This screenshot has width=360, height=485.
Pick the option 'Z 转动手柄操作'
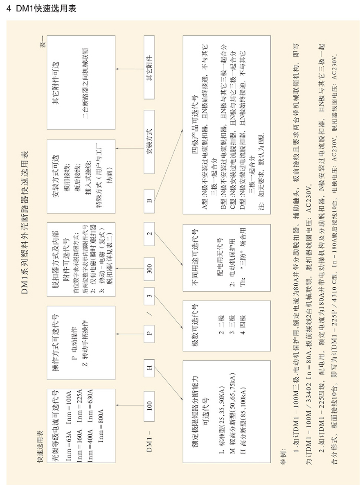coord(85,341)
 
